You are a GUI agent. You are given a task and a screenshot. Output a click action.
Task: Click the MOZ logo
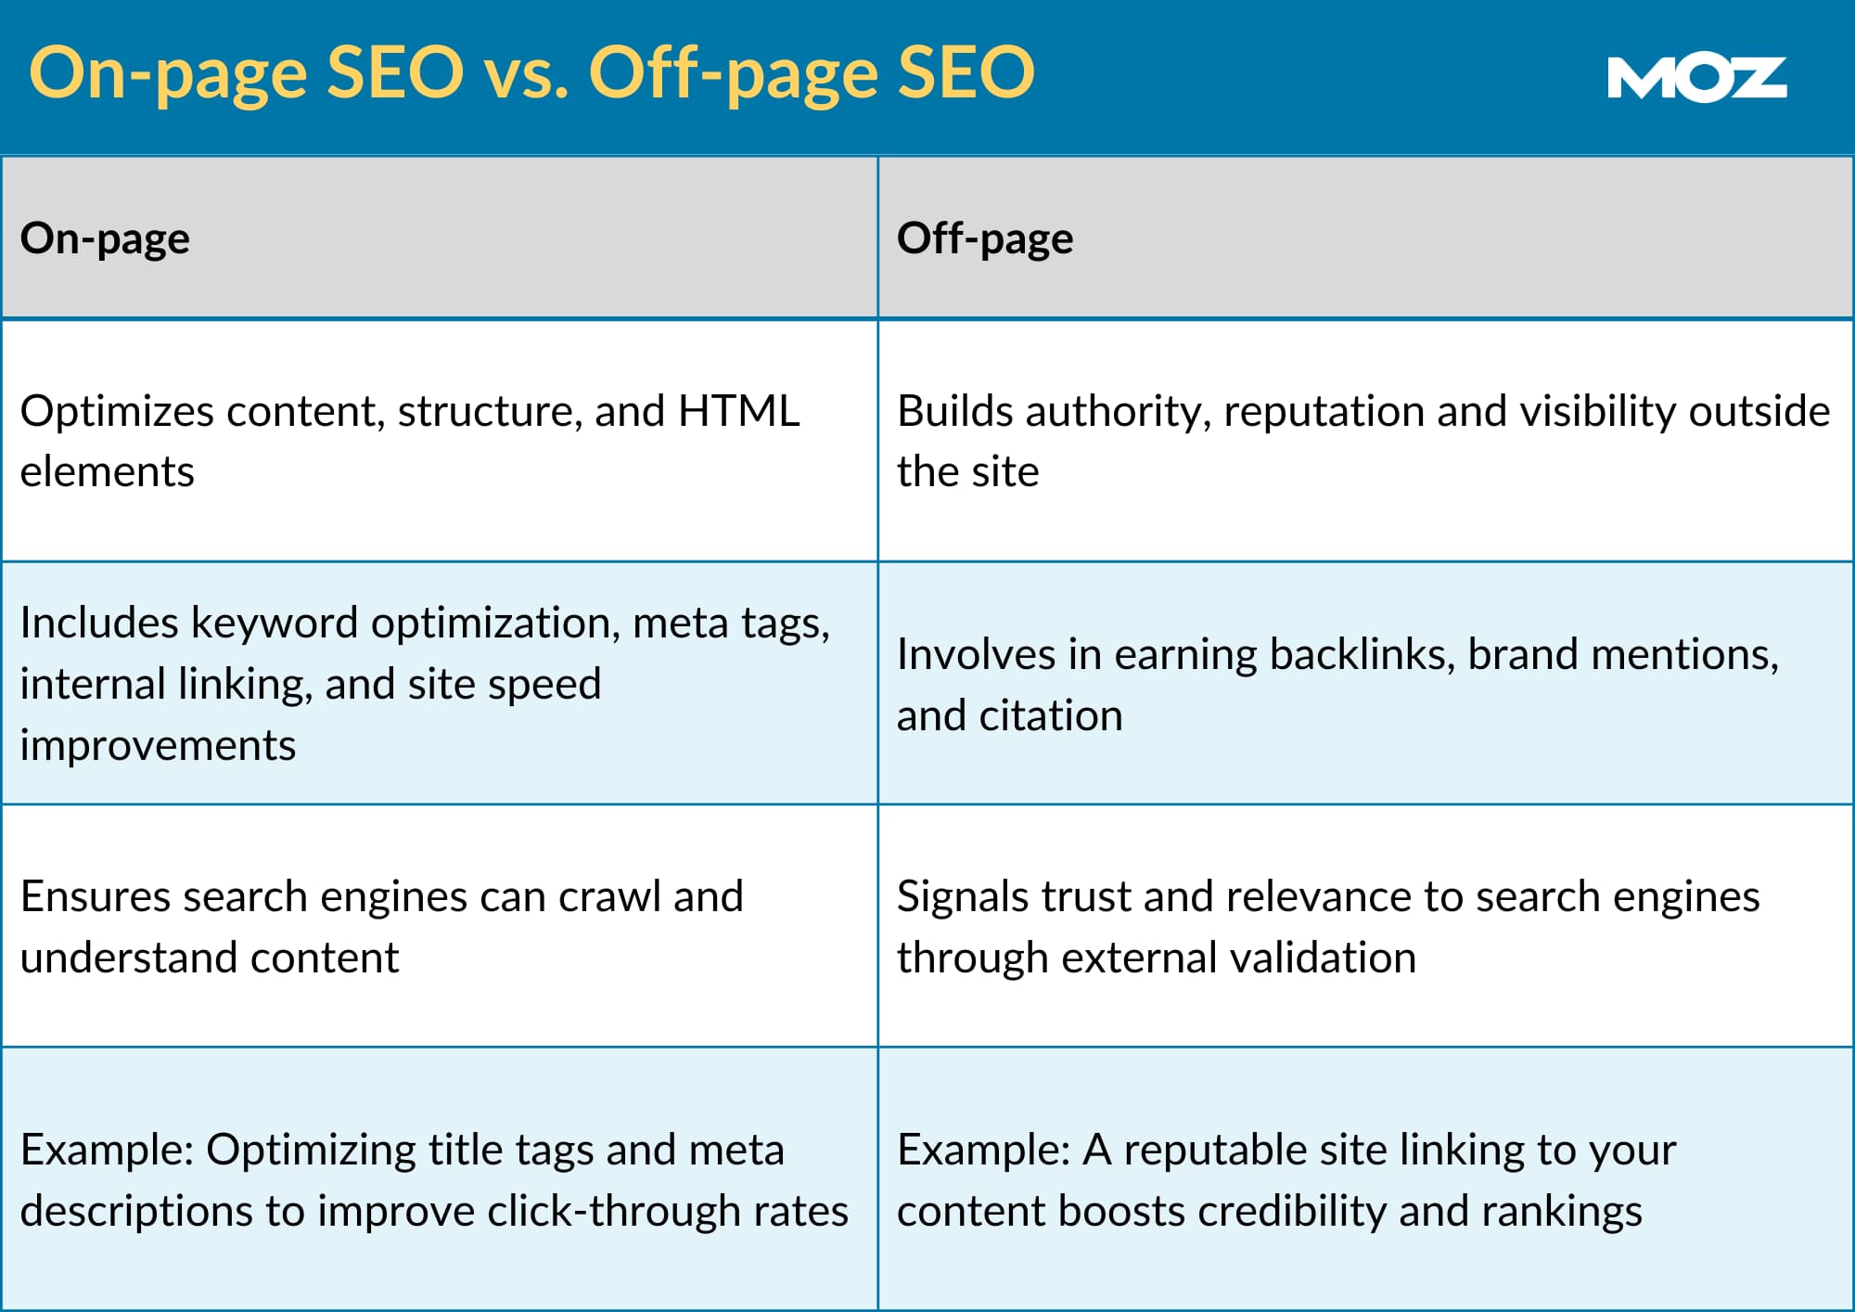[x=1696, y=79]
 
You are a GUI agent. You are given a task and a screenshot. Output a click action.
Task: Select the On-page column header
[x=105, y=238]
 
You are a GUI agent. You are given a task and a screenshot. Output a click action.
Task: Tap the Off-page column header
[x=985, y=238]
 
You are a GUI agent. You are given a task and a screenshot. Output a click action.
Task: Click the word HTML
[x=738, y=411]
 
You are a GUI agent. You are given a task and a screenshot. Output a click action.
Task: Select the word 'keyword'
[x=274, y=623]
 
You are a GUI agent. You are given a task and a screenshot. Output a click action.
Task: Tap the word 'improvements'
[x=158, y=745]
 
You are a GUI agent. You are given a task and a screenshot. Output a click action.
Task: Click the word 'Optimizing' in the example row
[x=311, y=1151]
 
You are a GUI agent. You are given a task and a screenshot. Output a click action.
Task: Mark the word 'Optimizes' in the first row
[x=117, y=411]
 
